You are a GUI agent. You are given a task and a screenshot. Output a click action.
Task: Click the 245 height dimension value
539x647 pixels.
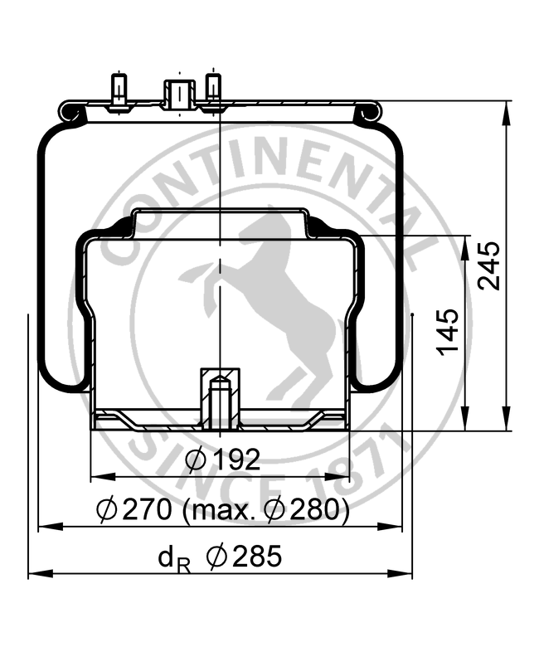click(489, 265)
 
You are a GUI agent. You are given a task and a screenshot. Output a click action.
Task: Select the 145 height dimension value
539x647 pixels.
click(448, 332)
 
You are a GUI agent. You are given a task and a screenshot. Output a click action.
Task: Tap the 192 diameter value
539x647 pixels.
click(236, 460)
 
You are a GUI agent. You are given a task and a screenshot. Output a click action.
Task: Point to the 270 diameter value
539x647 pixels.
click(147, 508)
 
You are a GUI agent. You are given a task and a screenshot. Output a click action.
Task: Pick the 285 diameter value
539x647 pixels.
click(257, 556)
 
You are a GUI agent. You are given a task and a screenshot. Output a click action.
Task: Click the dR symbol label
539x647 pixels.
click(174, 559)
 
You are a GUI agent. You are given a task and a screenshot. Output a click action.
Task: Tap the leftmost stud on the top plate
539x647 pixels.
click(119, 91)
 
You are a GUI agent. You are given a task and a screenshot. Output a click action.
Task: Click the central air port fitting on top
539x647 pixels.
click(179, 94)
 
